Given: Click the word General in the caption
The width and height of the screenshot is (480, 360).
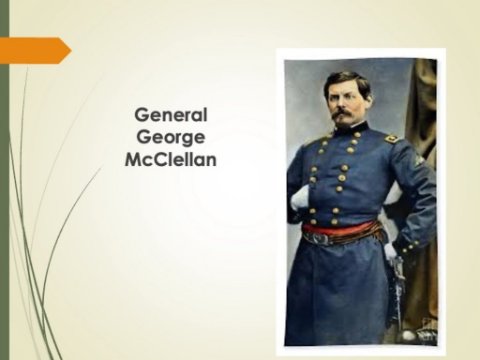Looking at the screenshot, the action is pyautogui.click(x=171, y=115).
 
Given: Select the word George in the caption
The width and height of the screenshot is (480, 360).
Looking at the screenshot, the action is pyautogui.click(x=170, y=138).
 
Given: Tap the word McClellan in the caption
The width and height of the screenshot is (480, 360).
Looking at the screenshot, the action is pyautogui.click(x=171, y=160).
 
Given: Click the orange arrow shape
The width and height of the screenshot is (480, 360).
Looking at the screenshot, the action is pyautogui.click(x=35, y=50).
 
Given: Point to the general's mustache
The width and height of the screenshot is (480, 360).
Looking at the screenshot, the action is pyautogui.click(x=343, y=114).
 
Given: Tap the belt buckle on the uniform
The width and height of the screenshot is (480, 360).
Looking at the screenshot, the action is pyautogui.click(x=318, y=238).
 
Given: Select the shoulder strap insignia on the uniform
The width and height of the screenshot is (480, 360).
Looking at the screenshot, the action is pyautogui.click(x=392, y=138).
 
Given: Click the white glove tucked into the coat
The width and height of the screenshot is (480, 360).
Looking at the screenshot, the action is pyautogui.click(x=300, y=198).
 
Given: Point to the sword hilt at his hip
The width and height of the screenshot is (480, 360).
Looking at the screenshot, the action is pyautogui.click(x=395, y=268).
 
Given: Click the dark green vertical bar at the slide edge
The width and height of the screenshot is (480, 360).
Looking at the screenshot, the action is pyautogui.click(x=4, y=180).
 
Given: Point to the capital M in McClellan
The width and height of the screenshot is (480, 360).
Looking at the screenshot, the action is pyautogui.click(x=133, y=160).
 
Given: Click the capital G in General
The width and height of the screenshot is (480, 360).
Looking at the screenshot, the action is pyautogui.click(x=141, y=115).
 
